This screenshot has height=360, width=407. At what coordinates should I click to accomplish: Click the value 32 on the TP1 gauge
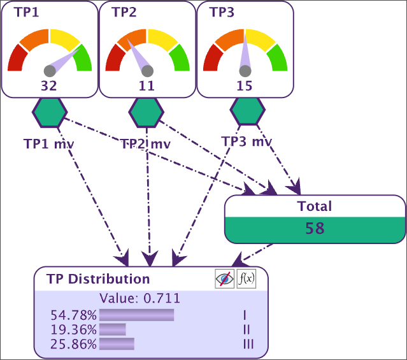tap(49, 86)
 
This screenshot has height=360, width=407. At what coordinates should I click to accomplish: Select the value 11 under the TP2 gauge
tap(146, 86)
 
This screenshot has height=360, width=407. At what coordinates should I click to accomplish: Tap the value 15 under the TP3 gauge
tap(245, 86)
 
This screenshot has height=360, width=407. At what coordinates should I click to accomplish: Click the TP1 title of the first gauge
tap(26, 12)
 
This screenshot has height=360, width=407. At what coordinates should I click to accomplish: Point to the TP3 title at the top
tap(222, 12)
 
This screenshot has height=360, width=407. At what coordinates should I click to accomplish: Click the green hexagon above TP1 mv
tap(49, 113)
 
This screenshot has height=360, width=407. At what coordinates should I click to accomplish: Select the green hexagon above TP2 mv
tap(147, 113)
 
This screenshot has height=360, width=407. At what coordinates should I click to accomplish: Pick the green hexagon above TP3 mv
tap(248, 111)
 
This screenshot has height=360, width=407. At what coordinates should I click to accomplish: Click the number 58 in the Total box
tap(315, 229)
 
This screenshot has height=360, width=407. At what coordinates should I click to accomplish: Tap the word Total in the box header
tap(315, 206)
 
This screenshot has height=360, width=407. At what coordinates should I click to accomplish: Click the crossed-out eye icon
tap(224, 278)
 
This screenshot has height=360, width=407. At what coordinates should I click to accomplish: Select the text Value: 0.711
tap(140, 298)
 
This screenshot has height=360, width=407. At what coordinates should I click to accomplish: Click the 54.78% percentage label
tap(74, 315)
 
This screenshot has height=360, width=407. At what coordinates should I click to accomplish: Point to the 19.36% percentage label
tap(74, 329)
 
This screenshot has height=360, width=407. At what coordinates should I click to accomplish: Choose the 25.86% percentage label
tap(74, 344)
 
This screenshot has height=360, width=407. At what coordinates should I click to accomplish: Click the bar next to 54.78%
tap(136, 315)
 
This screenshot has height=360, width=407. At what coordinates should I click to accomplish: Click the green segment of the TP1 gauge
tap(84, 59)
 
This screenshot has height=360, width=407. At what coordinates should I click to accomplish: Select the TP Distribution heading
tap(98, 279)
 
